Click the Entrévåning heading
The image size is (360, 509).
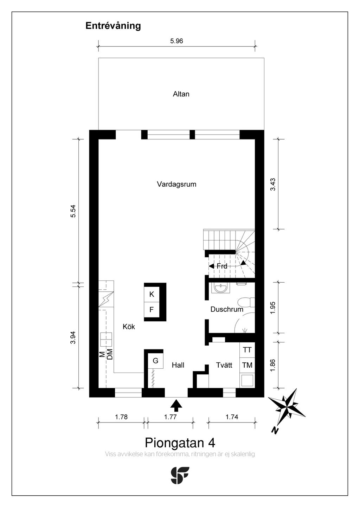pos(113,26)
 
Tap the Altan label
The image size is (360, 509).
pos(181,94)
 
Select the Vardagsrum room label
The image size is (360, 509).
pos(176,184)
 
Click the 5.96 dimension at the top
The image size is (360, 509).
pos(176,41)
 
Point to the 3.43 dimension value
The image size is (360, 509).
pos(273,185)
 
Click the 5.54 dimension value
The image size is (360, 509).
pos(73,211)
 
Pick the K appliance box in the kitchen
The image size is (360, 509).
pos(152,294)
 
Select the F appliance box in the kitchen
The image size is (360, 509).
pos(152,310)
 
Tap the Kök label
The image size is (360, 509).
pos(129,327)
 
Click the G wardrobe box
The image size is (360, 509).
pos(155,361)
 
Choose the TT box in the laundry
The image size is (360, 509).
pos(247,350)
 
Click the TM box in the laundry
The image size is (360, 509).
pos(247,365)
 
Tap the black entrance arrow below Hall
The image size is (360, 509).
pos(176,405)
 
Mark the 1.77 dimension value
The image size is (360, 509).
pos(170,417)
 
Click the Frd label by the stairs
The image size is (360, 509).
pos(222,266)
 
